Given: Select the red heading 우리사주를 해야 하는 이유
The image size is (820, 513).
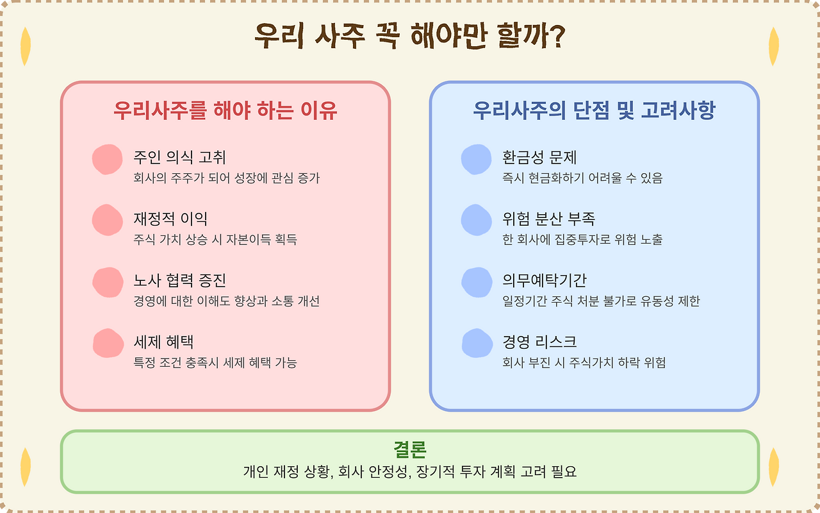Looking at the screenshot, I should click(x=225, y=111).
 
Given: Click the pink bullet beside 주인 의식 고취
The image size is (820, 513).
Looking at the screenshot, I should click(x=107, y=160).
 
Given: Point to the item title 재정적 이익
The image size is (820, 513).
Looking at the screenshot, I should click(x=170, y=219).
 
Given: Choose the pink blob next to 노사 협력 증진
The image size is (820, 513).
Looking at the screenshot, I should click(x=107, y=282).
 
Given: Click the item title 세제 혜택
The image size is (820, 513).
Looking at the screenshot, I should click(x=163, y=342).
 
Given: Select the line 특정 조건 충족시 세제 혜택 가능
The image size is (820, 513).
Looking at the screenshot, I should click(x=215, y=363).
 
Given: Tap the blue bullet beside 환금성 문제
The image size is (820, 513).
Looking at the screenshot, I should click(x=476, y=160).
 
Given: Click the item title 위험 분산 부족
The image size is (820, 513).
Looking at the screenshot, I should click(x=549, y=219).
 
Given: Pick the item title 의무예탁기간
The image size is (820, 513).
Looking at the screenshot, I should click(x=545, y=280).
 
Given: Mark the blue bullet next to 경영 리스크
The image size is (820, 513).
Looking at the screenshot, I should click(x=477, y=343).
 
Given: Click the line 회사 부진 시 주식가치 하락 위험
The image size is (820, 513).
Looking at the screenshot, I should click(x=584, y=363).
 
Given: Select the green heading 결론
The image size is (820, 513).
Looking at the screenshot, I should click(x=409, y=449).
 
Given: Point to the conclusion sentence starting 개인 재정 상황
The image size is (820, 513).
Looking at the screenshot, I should click(x=409, y=472).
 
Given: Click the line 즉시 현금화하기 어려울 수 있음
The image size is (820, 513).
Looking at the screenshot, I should click(x=582, y=178).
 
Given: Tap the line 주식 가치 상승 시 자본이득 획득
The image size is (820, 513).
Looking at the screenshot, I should click(x=215, y=240).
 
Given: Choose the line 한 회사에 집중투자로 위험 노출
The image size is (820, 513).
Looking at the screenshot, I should click(x=582, y=240).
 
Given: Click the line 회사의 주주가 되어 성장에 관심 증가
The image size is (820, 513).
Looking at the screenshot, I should click(x=226, y=178).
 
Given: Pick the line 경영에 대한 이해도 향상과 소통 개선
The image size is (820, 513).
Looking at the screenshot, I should click(x=226, y=301).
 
